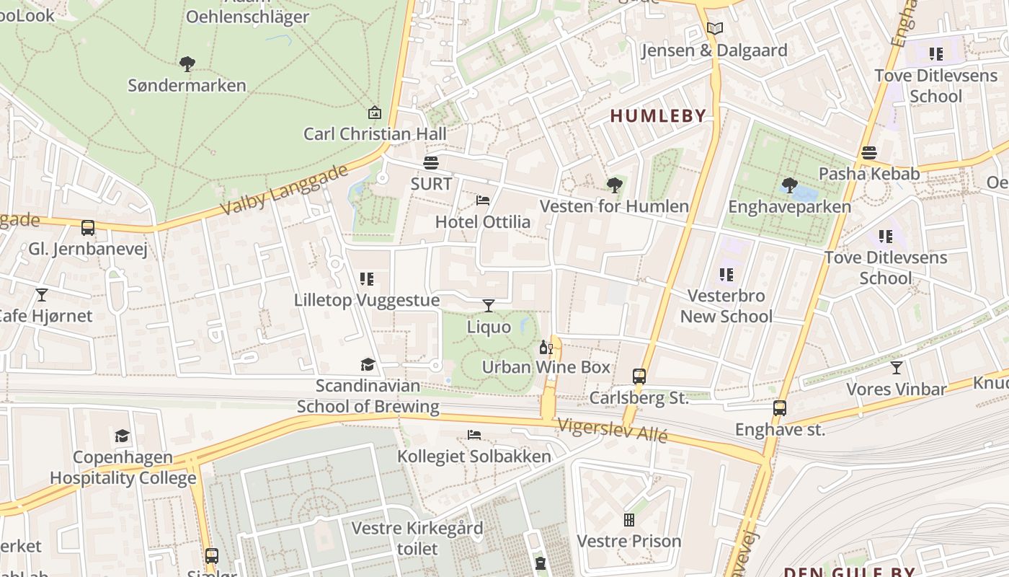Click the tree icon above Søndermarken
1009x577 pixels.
click(x=187, y=64)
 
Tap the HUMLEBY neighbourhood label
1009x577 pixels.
click(x=658, y=115)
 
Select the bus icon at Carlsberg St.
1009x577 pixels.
click(x=639, y=376)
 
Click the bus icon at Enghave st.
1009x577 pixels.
click(x=779, y=408)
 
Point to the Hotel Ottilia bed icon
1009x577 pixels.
click(x=483, y=200)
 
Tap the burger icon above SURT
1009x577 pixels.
click(x=431, y=162)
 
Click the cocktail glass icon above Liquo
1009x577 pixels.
click(x=489, y=306)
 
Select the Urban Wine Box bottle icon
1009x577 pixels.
click(x=546, y=347)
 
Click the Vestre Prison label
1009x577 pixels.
click(x=628, y=541)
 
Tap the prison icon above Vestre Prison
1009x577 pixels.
click(x=628, y=520)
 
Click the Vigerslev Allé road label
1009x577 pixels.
click(x=613, y=431)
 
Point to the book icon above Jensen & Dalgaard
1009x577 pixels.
click(x=714, y=29)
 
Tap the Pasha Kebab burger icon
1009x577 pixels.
click(x=869, y=153)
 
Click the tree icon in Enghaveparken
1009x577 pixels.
click(x=789, y=185)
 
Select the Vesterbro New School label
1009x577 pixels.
click(x=726, y=306)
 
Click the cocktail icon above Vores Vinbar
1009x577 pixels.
click(x=896, y=368)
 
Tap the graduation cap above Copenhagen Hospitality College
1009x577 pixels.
click(x=123, y=436)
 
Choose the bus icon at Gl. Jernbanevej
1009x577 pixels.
click(x=88, y=228)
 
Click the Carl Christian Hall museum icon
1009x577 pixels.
click(x=374, y=113)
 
